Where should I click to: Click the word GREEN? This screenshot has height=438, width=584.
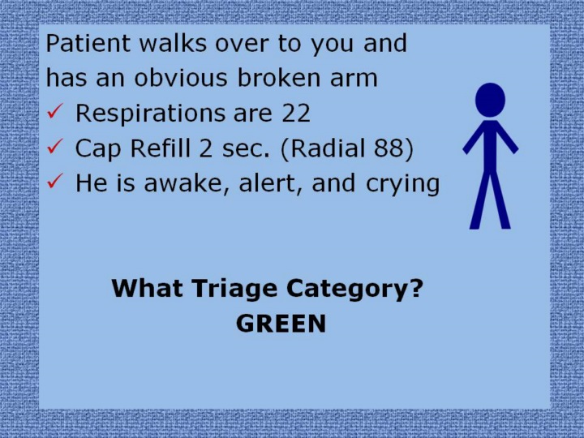[x=281, y=324]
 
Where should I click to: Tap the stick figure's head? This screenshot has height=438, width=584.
[x=490, y=101]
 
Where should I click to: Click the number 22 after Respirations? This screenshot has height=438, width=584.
[x=296, y=113]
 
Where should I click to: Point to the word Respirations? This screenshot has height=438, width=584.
[x=151, y=114]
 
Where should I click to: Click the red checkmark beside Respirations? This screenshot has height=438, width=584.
[x=55, y=111]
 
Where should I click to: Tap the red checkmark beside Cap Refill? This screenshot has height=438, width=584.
[x=55, y=146]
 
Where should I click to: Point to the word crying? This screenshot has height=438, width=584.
[x=402, y=184]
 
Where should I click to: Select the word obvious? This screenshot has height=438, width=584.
[x=181, y=78]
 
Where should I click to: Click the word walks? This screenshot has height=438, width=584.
[x=173, y=43]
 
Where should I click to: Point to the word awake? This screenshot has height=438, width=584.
[x=187, y=183]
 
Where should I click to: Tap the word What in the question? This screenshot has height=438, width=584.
[x=148, y=288]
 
